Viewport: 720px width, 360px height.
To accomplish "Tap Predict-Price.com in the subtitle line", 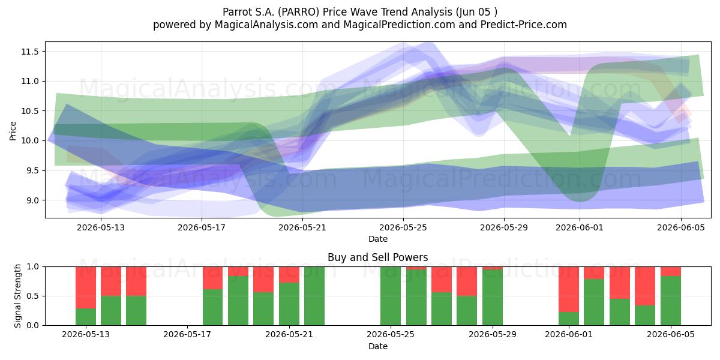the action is pyautogui.click(x=524, y=25).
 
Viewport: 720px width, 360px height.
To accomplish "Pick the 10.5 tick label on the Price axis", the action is pyautogui.click(x=30, y=111).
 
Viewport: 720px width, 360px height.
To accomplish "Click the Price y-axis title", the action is pyautogui.click(x=13, y=131).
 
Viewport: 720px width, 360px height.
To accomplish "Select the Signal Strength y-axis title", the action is pyautogui.click(x=17, y=296).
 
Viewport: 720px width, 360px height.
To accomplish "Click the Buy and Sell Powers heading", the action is pyautogui.click(x=377, y=257).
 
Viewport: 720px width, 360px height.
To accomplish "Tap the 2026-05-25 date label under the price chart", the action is pyautogui.click(x=403, y=227).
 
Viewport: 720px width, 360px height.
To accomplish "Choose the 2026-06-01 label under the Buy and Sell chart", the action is pyautogui.click(x=569, y=334).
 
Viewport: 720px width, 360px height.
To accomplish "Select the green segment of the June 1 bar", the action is pyautogui.click(x=569, y=319).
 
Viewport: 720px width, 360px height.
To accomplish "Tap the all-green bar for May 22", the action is pyautogui.click(x=314, y=296).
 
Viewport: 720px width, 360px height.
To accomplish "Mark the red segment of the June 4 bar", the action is pyautogui.click(x=645, y=286).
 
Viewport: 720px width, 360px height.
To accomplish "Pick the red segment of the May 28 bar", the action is pyautogui.click(x=467, y=281).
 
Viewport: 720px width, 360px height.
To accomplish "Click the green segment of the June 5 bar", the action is pyautogui.click(x=671, y=301).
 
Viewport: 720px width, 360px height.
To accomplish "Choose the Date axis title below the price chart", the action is pyautogui.click(x=377, y=239).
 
